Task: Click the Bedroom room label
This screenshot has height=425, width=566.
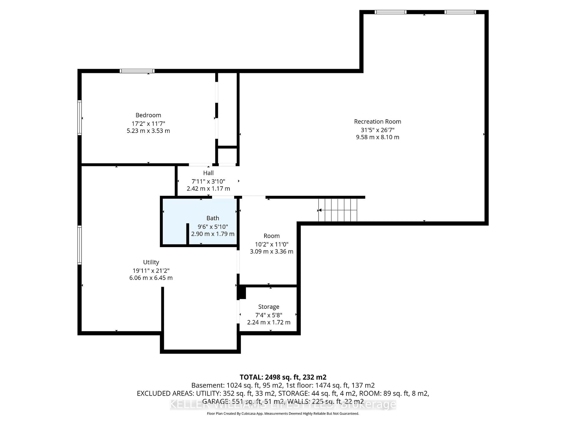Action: pyautogui.click(x=148, y=115)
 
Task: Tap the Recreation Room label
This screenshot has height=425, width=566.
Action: pyautogui.click(x=377, y=121)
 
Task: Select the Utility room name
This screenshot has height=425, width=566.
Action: pyautogui.click(x=151, y=262)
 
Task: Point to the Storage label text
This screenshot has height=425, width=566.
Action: pyautogui.click(x=269, y=307)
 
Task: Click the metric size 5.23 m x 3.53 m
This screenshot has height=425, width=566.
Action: pyautogui.click(x=148, y=131)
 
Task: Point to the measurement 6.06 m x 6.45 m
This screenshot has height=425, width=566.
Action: pyautogui.click(x=151, y=278)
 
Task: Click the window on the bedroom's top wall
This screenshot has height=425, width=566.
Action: pyautogui.click(x=137, y=71)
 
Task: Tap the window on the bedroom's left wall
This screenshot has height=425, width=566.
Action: pyautogui.click(x=80, y=118)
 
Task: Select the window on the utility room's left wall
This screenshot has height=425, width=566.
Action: pyautogui.click(x=80, y=245)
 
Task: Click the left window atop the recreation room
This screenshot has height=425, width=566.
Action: pyautogui.click(x=390, y=12)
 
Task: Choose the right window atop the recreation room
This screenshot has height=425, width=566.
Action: pyautogui.click(x=460, y=12)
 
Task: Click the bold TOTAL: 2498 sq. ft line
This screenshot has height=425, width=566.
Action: pyautogui.click(x=283, y=377)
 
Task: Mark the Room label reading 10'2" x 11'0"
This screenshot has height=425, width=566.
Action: pyautogui.click(x=272, y=244)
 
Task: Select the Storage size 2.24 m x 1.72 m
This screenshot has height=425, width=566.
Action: pyautogui.click(x=269, y=322)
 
